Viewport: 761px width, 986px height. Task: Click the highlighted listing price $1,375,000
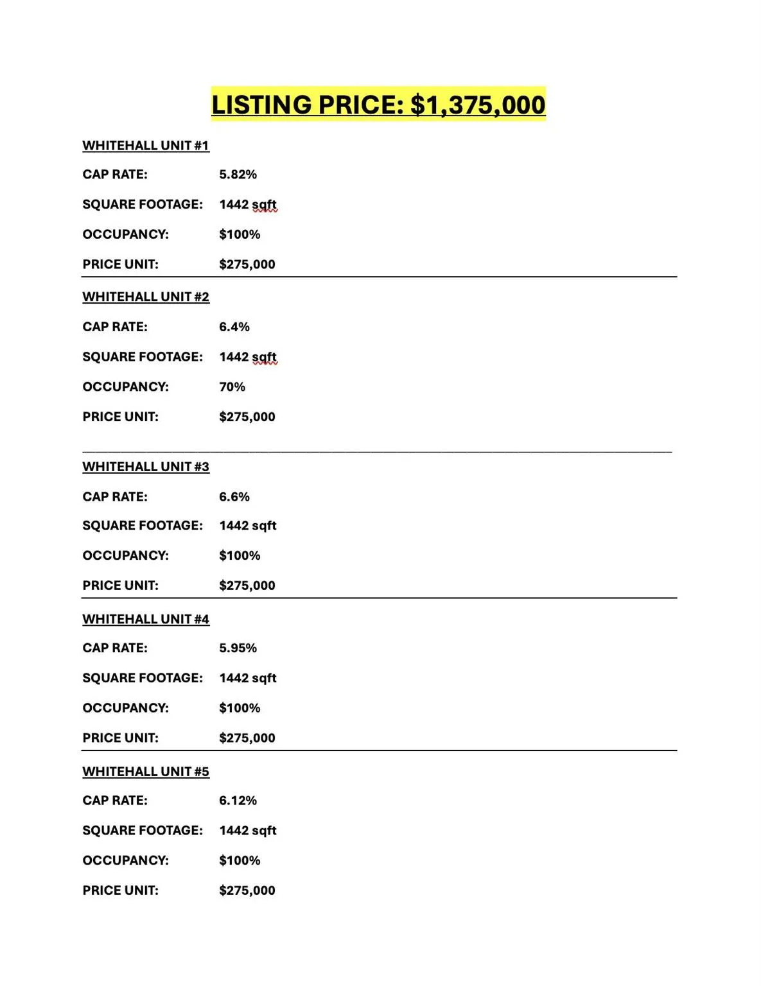pyautogui.click(x=378, y=105)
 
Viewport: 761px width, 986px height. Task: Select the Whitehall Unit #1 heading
pyautogui.click(x=146, y=146)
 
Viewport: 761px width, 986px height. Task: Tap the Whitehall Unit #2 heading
pyautogui.click(x=146, y=297)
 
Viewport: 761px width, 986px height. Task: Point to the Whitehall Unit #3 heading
pyautogui.click(x=146, y=467)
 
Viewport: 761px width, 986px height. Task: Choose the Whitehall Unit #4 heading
pyautogui.click(x=146, y=619)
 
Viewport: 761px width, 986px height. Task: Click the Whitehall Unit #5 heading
pyautogui.click(x=146, y=771)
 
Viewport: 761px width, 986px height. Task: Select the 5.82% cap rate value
pyautogui.click(x=238, y=175)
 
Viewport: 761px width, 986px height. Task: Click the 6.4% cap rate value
pyautogui.click(x=234, y=327)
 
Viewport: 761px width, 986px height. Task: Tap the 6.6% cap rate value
pyautogui.click(x=234, y=497)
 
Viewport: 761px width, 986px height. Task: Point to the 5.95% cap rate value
pyautogui.click(x=238, y=648)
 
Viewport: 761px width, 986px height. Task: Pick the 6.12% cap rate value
pyautogui.click(x=238, y=800)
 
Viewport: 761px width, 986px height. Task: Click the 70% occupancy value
pyautogui.click(x=232, y=387)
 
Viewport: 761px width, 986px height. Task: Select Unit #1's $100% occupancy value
pyautogui.click(x=240, y=234)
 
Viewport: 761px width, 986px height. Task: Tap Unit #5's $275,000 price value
pyautogui.click(x=247, y=890)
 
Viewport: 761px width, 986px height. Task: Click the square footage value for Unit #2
pyautogui.click(x=248, y=357)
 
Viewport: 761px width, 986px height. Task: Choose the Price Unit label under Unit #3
pyautogui.click(x=120, y=585)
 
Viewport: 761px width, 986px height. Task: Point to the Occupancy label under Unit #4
pyautogui.click(x=125, y=708)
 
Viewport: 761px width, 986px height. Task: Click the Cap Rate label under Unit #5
pyautogui.click(x=115, y=800)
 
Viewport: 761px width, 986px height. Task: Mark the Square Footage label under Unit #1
pyautogui.click(x=143, y=204)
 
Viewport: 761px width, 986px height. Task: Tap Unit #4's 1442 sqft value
pyautogui.click(x=248, y=678)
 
